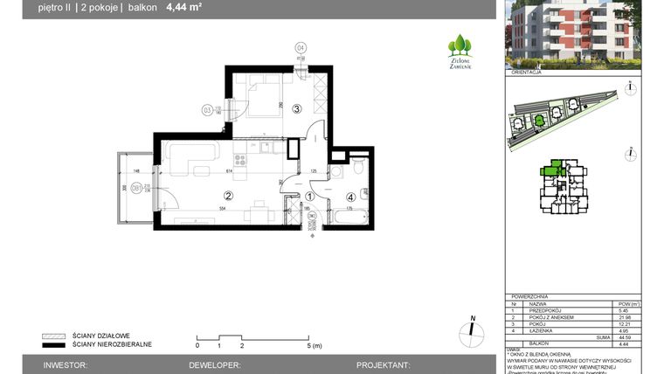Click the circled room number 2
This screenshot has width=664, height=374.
(228, 196)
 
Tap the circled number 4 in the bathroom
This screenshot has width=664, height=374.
(350, 197)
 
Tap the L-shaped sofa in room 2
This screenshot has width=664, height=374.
(188, 158)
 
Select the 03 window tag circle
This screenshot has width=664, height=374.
(207, 110)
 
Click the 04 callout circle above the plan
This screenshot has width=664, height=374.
(300, 48)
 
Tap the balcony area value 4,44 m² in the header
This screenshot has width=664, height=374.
(184, 9)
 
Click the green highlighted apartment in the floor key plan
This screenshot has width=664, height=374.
(554, 170)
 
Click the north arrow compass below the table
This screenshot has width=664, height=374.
(471, 329)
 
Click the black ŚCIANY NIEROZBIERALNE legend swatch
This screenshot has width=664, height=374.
(54, 344)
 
